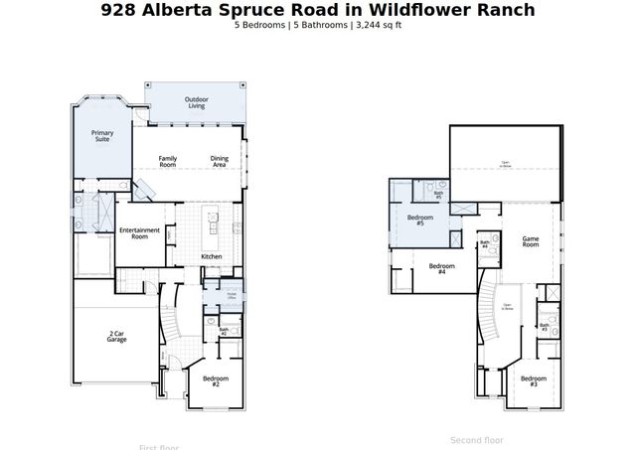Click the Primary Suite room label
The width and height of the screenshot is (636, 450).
coord(102,136)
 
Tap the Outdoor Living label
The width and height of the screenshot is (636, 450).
coord(196,102)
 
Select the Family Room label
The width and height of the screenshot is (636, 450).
coord(168,162)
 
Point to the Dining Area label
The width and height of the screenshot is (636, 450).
coord(219,162)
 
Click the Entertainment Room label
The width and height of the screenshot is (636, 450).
coord(139,233)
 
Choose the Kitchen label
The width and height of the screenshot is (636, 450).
coord(212,257)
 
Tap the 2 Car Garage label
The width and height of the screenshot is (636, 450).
coord(116,337)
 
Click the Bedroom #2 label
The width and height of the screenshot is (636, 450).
coord(216,380)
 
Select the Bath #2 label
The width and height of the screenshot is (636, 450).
coord(224,331)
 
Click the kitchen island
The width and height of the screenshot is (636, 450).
coord(211,229)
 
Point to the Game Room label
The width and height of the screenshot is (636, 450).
coord(531,240)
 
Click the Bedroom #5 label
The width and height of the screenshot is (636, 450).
coord(420,220)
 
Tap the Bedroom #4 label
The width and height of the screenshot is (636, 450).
coord(442,268)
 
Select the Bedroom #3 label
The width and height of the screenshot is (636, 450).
coord(534,380)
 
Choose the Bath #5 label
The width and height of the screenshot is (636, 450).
coord(438,196)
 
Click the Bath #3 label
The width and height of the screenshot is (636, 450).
coord(544,326)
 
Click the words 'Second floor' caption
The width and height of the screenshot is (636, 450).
coord(477,439)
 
